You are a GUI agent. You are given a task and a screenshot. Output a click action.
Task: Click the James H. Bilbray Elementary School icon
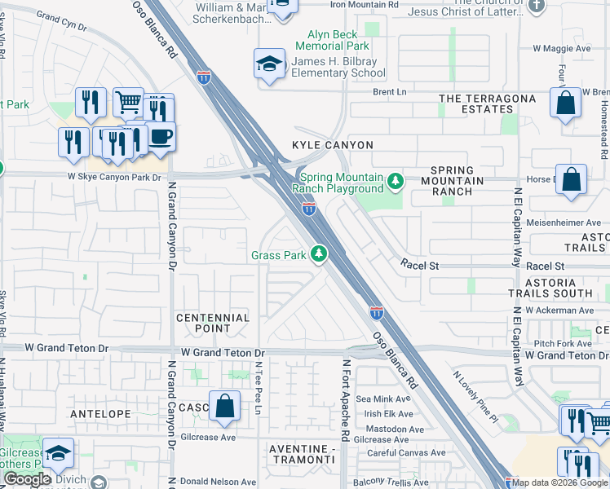(268, 65)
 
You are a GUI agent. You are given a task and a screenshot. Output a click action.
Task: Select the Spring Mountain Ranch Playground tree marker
(396, 180)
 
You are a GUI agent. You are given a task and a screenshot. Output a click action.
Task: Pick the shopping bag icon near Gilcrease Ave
(224, 407)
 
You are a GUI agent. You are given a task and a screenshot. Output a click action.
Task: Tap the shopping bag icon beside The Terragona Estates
(564, 104)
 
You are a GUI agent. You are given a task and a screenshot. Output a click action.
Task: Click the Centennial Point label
(213, 323)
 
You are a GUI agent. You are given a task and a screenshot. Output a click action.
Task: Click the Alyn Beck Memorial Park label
(338, 41)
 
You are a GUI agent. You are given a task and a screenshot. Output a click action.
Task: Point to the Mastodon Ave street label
(395, 429)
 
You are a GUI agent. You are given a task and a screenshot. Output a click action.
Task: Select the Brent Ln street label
(389, 92)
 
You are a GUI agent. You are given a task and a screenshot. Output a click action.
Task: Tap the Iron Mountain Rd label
(365, 5)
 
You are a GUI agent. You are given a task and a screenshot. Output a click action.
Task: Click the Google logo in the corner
(28, 479)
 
